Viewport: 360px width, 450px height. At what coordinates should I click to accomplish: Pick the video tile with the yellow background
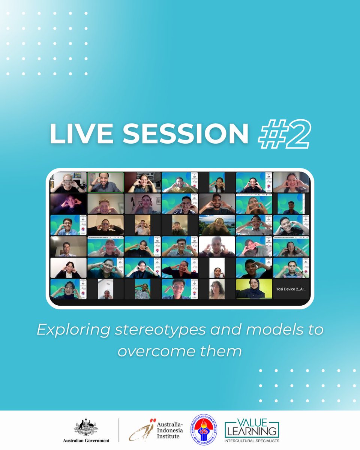(x=254, y=289)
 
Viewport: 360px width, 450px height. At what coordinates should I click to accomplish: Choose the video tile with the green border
(x=105, y=182)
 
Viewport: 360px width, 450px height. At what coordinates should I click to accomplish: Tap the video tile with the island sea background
(x=217, y=225)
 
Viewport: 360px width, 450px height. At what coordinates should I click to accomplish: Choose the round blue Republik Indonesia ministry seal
(x=203, y=430)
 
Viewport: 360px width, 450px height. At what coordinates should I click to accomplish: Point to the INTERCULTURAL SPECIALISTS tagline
(x=252, y=441)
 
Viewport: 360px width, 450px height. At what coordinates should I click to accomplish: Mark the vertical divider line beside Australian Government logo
(x=119, y=430)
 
